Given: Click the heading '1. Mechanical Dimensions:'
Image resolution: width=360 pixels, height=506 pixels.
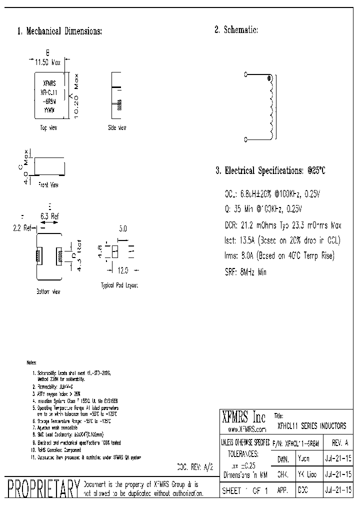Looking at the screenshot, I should (x=59, y=31).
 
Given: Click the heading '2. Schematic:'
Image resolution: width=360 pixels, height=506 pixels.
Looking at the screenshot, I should (x=236, y=30).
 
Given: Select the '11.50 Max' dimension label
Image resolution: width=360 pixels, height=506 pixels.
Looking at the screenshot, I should (x=47, y=63).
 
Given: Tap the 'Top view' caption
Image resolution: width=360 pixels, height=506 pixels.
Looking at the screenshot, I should (x=48, y=128).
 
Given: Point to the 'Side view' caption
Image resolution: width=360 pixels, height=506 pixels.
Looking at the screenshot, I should (x=117, y=128).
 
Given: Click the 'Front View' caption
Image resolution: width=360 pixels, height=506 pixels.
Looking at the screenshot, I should (x=48, y=185).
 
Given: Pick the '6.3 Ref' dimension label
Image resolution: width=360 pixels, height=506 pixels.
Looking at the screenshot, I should (x=49, y=216).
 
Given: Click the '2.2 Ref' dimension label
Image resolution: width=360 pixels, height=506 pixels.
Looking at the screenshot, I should (x=22, y=228).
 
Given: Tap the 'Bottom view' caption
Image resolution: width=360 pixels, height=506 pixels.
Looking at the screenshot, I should (x=48, y=291).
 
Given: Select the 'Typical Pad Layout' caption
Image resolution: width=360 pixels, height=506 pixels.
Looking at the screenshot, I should (x=119, y=285).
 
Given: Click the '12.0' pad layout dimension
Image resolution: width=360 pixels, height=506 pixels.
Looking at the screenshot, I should (x=123, y=270).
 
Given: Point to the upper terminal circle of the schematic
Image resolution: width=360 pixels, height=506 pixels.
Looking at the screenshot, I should (x=245, y=75).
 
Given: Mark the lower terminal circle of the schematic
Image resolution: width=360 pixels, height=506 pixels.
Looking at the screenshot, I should (x=245, y=138).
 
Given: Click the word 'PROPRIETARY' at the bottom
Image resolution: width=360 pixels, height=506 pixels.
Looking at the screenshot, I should (x=42, y=488).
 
